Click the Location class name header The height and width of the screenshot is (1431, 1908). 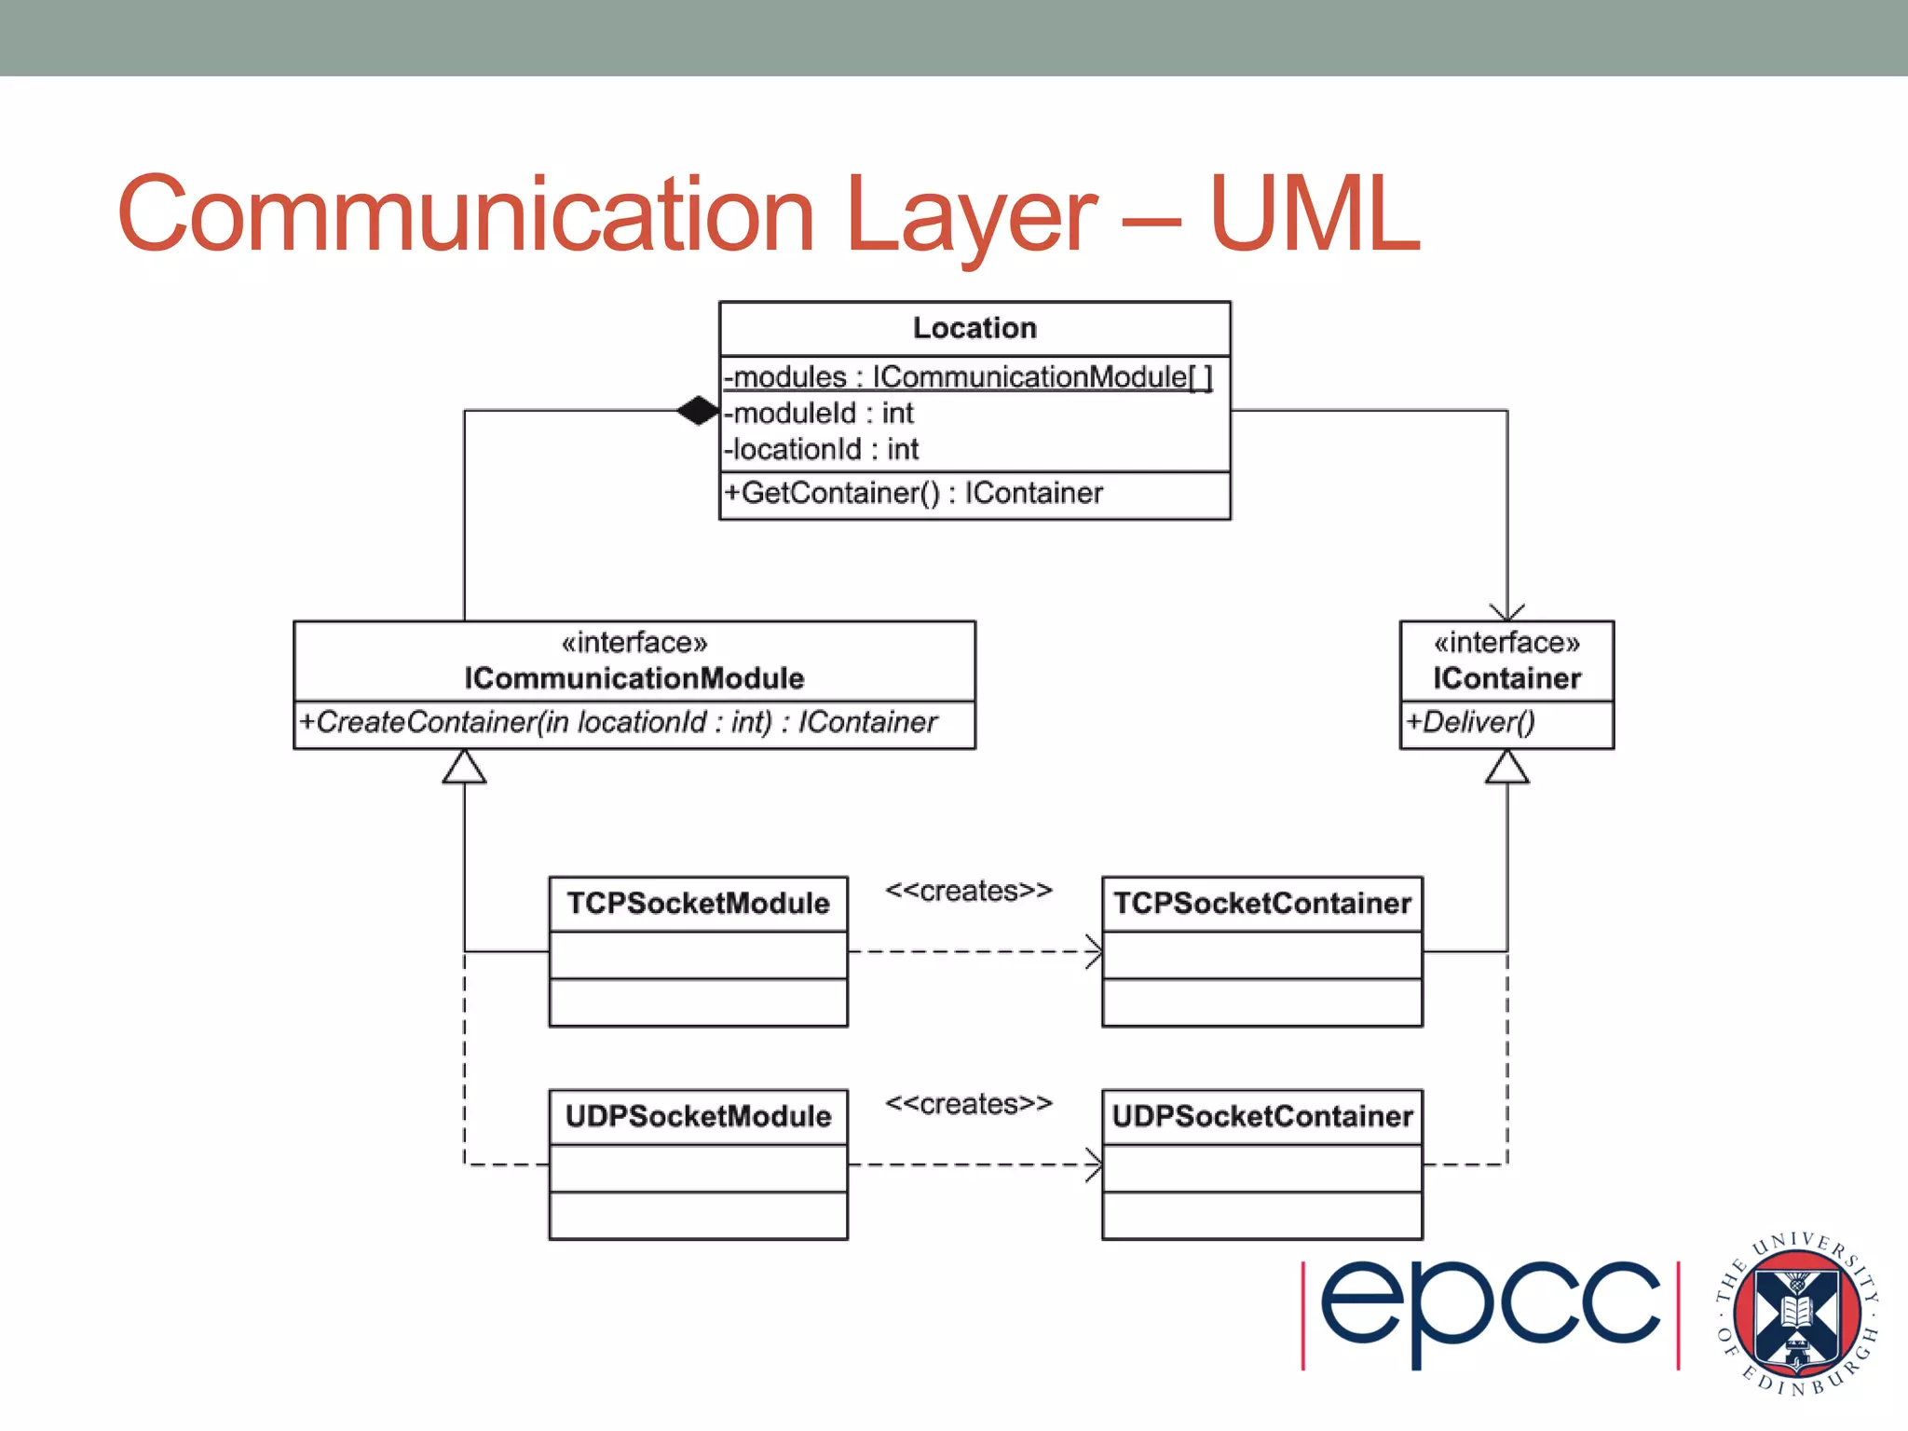point(974,328)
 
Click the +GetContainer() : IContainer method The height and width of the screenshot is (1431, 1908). point(914,493)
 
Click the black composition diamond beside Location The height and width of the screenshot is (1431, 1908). point(698,410)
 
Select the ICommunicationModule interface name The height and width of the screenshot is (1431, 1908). point(634,678)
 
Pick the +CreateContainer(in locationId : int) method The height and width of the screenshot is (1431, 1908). point(618,722)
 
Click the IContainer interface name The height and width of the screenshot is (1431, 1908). point(1506,678)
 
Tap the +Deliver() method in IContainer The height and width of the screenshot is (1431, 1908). point(1471,722)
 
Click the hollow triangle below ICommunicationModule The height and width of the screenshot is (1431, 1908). point(464,768)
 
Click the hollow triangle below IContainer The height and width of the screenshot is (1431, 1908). point(1506,768)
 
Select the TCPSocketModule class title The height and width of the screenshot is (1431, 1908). point(698,903)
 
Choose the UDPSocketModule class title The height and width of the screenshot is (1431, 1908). point(698,1116)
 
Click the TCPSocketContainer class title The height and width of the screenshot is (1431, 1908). point(1262,903)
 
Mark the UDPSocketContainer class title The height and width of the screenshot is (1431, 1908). point(1262,1116)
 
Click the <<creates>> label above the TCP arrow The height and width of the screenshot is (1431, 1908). point(968,891)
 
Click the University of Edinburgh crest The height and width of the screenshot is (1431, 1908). point(1798,1314)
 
